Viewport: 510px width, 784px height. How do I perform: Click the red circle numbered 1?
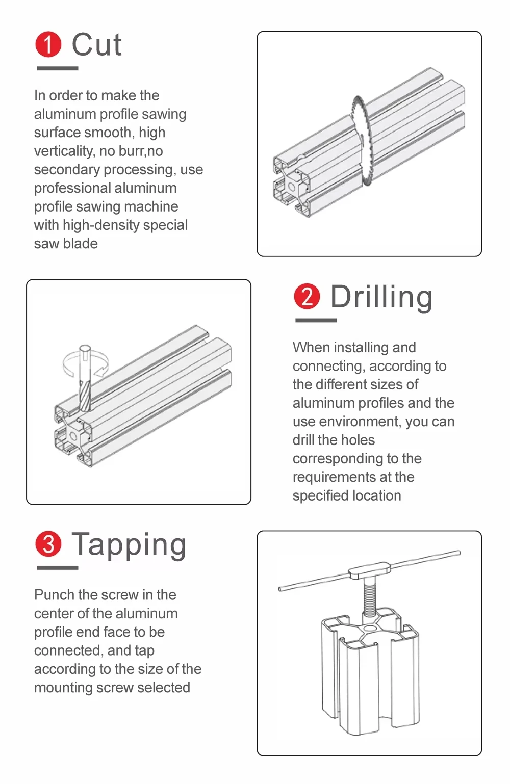(x=48, y=44)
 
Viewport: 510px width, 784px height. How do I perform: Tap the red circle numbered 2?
(x=307, y=296)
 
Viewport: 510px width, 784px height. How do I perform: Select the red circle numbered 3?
(x=48, y=543)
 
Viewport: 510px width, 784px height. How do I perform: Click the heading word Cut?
(x=97, y=44)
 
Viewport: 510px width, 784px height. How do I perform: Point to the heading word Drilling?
(x=381, y=297)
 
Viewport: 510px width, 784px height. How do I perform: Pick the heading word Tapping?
(x=129, y=545)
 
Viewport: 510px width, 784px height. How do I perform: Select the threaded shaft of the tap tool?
(x=369, y=597)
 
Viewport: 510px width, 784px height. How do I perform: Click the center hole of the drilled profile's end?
(x=73, y=436)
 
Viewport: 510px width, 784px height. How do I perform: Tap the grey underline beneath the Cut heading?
(x=58, y=68)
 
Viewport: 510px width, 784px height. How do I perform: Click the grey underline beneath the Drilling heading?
(x=316, y=320)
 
